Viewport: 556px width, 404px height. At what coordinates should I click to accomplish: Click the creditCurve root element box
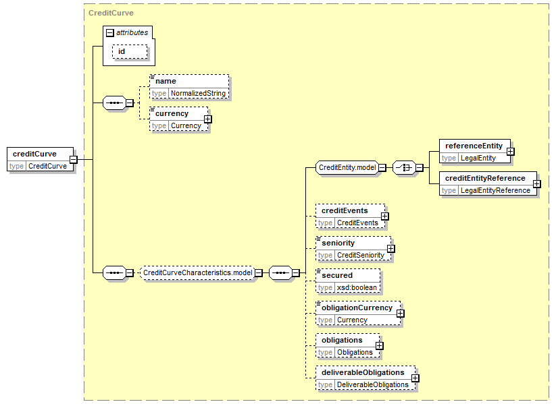click(40, 159)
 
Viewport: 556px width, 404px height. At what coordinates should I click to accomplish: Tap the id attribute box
click(130, 52)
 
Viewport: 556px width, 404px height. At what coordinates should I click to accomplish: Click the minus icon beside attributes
click(110, 33)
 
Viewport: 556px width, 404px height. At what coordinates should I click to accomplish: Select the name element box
click(189, 87)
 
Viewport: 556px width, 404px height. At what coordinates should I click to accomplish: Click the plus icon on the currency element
click(208, 119)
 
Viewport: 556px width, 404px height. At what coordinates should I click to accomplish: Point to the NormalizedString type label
click(198, 94)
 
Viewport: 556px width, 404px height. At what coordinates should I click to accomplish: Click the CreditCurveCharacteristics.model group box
click(198, 273)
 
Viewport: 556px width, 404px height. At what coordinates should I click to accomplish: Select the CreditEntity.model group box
click(347, 167)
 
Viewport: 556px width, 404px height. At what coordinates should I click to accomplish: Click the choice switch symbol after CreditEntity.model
click(404, 167)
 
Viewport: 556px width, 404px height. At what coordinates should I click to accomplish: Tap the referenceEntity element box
click(475, 151)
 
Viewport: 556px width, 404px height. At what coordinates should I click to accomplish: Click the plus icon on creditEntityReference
click(537, 183)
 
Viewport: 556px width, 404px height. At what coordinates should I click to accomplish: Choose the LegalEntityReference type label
click(495, 190)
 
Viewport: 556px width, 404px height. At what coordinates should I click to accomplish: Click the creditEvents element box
click(351, 216)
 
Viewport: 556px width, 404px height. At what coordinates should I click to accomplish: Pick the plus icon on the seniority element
click(390, 249)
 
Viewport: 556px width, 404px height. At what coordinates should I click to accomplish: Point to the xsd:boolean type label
click(357, 287)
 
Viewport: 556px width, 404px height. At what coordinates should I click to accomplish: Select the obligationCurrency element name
click(357, 308)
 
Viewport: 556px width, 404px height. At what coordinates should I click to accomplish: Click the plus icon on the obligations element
click(380, 345)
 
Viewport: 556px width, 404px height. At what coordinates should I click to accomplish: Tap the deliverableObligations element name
click(363, 372)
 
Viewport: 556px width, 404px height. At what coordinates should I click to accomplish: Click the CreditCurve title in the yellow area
click(111, 13)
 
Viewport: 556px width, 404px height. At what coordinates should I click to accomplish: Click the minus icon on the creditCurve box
click(74, 159)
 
